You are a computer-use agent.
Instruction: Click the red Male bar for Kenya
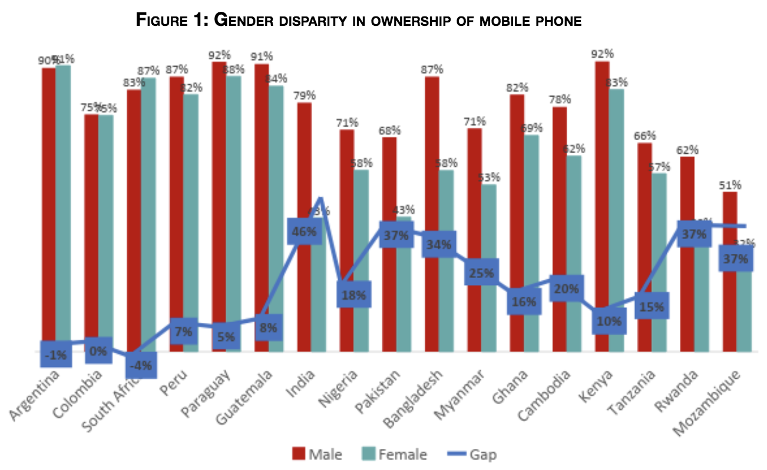tap(602, 177)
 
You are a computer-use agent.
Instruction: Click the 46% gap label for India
tap(304, 231)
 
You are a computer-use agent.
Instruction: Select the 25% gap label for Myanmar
tap(482, 272)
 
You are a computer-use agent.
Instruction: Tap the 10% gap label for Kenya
tap(609, 321)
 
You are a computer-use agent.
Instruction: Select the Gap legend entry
tap(471, 454)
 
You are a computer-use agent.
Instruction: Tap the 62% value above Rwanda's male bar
tap(687, 149)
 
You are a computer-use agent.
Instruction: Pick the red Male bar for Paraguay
tap(219, 177)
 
